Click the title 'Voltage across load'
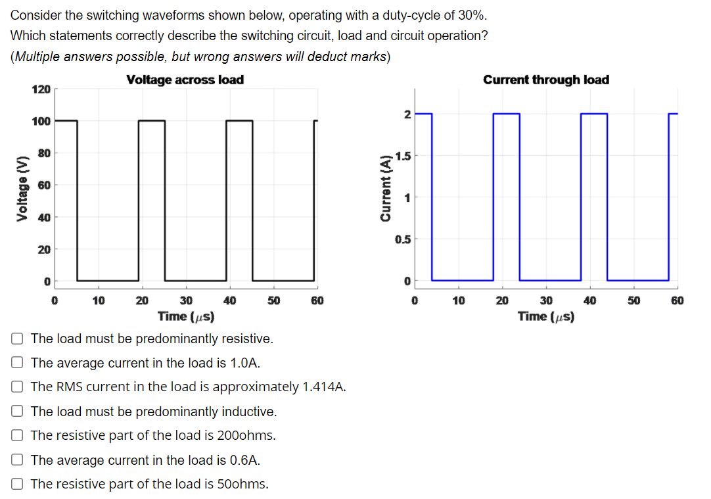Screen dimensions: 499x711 coord(185,80)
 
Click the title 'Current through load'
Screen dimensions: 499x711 coord(545,80)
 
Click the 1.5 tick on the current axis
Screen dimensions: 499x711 coord(403,156)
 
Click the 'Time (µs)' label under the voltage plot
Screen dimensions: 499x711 coord(186,316)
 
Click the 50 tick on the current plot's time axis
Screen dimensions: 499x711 coord(633,300)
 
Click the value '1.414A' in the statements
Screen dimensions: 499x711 coord(323,387)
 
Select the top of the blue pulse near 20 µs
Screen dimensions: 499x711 coord(506,114)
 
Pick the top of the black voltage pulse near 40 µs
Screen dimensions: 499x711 coord(239,120)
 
